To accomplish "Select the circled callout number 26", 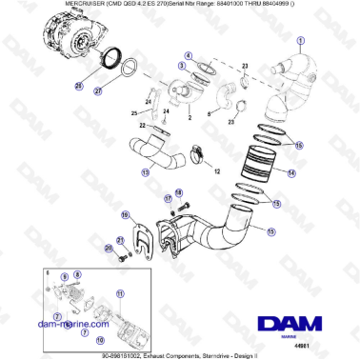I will pyautogui.click(x=79, y=85).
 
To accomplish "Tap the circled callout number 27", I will pyautogui.click(x=96, y=92).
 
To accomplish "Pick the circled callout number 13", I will pyautogui.click(x=145, y=173).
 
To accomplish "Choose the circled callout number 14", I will pyautogui.click(x=291, y=173).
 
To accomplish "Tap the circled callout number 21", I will pyautogui.click(x=120, y=240).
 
